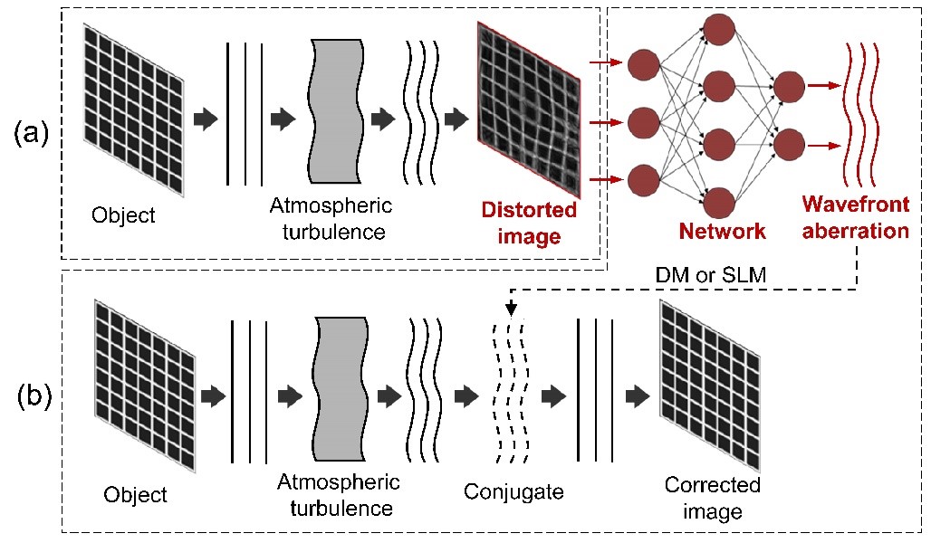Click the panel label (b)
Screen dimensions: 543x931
(34, 395)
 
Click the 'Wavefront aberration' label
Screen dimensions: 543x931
(855, 220)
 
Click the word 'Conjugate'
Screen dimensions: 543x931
(513, 491)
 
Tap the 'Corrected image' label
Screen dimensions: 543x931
(713, 498)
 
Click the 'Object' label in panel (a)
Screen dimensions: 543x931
(123, 215)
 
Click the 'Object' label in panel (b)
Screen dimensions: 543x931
(135, 495)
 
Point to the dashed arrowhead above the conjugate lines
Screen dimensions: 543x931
(511, 310)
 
